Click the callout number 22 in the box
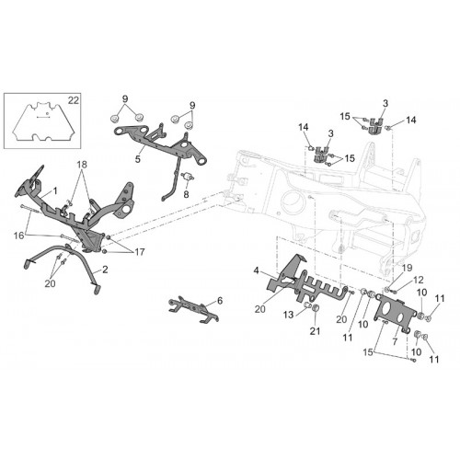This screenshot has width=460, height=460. coord(74,100)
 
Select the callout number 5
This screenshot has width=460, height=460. coord(138,159)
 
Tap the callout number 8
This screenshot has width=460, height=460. coord(186,194)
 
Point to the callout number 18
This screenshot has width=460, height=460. coord(82,165)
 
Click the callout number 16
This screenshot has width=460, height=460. coord(18,236)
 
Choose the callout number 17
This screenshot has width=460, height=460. coord(139,252)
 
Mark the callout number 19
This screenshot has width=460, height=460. coord(408,268)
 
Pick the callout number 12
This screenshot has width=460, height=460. coord(419,280)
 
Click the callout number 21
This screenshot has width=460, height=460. coord(315,331)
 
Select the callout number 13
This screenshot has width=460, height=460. coord(289,315)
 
